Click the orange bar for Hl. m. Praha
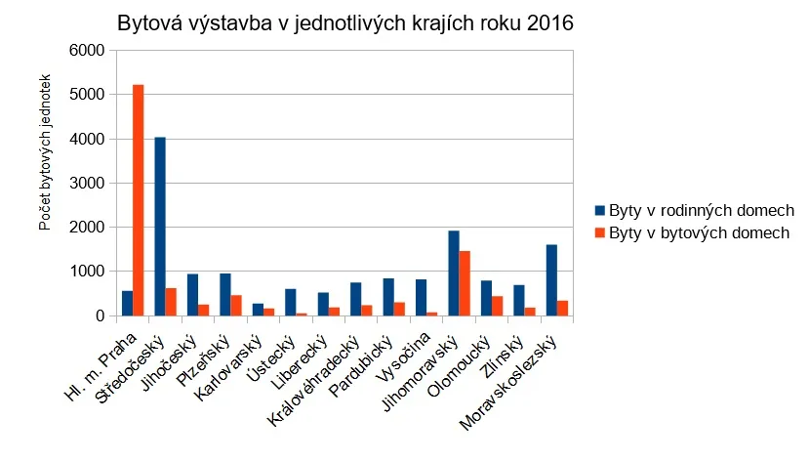(139, 200)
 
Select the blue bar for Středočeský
(160, 227)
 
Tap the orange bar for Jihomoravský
(465, 283)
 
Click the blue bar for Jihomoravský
(454, 273)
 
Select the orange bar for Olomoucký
(498, 306)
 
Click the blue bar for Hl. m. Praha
(127, 303)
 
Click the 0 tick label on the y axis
(99, 315)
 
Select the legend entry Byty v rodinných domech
(701, 211)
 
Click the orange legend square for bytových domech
(600, 233)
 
